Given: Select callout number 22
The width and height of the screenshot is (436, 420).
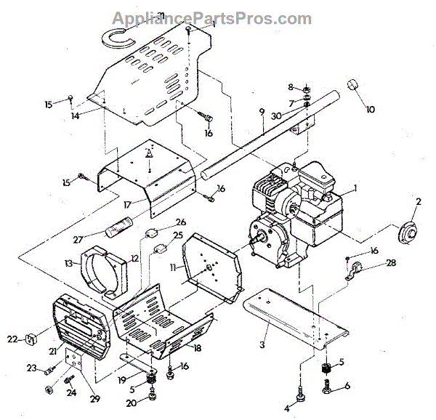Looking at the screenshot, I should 12,337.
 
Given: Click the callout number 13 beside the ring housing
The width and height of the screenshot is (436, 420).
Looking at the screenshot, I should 68,263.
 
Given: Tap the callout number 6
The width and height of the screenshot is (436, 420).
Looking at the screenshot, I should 347,386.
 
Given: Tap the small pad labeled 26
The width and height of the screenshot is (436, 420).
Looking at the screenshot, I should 151,233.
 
